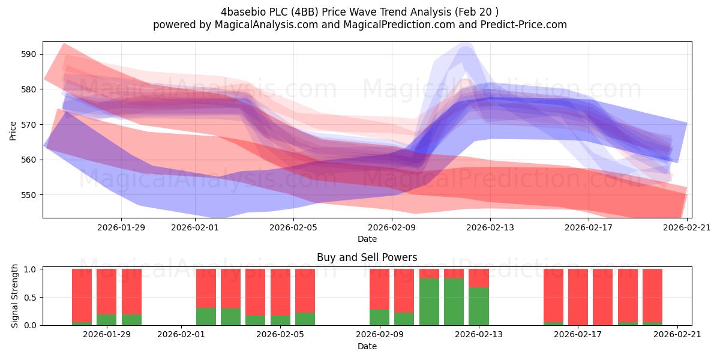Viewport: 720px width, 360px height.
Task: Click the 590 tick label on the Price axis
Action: coord(28,54)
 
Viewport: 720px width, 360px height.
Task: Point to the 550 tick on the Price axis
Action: coord(28,195)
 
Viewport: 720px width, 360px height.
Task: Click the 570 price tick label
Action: coord(28,124)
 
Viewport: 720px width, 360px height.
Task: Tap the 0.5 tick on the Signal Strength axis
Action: coord(30,298)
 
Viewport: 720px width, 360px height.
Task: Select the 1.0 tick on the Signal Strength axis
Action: coord(30,269)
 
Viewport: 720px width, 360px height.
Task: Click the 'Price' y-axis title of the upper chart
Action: coord(13,131)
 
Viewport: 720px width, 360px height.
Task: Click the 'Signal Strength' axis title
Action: coord(14,296)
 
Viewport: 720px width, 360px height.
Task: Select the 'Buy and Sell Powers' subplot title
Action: coord(367,257)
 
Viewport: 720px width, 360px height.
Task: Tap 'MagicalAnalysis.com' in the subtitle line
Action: coord(266,25)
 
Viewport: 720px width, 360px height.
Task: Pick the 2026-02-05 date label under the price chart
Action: coord(293,227)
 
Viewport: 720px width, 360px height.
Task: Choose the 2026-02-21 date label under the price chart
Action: coord(687,227)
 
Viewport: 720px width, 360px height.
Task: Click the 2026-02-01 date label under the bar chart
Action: coord(181,335)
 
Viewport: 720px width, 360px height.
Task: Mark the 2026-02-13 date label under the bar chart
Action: coord(479,335)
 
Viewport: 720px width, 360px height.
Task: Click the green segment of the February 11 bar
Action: coord(429,302)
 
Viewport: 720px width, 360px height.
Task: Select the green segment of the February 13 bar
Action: coord(479,307)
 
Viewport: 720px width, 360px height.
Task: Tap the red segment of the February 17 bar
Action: coord(578,297)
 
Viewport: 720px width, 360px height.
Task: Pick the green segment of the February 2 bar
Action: coord(206,317)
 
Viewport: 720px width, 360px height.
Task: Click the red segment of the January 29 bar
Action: coord(106,292)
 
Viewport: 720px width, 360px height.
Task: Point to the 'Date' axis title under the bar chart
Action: coord(367,346)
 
